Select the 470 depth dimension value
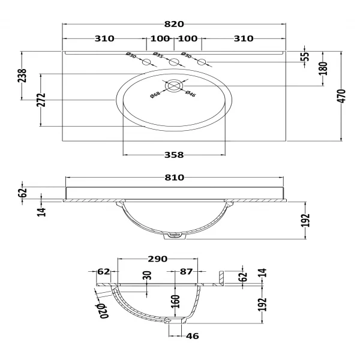[x=342, y=95]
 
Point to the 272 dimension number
[x=41, y=100]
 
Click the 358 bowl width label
[x=173, y=155]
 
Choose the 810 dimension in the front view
[x=174, y=178]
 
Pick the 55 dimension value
[x=304, y=57]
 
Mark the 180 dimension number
[x=322, y=68]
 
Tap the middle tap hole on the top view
[x=175, y=62]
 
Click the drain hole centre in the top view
[x=173, y=86]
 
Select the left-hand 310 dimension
[x=104, y=39]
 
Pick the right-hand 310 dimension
[x=244, y=39]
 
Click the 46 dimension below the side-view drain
[x=192, y=337]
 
